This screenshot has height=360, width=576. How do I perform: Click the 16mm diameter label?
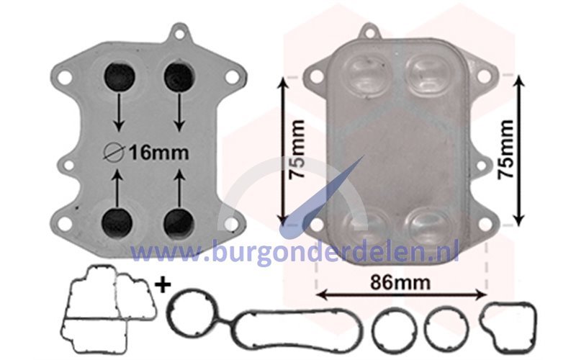pyautogui.click(x=146, y=153)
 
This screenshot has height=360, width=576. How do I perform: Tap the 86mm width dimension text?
pyautogui.click(x=400, y=282)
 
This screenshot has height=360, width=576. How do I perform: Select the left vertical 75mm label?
pyautogui.click(x=297, y=149)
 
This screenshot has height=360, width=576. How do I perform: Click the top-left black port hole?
pyautogui.click(x=120, y=78)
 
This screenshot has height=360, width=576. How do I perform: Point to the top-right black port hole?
pyautogui.click(x=179, y=78)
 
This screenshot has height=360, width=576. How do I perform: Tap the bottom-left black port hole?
pyautogui.click(x=117, y=222)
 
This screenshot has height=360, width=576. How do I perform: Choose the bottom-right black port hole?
pyautogui.click(x=179, y=222)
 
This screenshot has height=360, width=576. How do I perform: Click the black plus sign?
pyautogui.click(x=163, y=284)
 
